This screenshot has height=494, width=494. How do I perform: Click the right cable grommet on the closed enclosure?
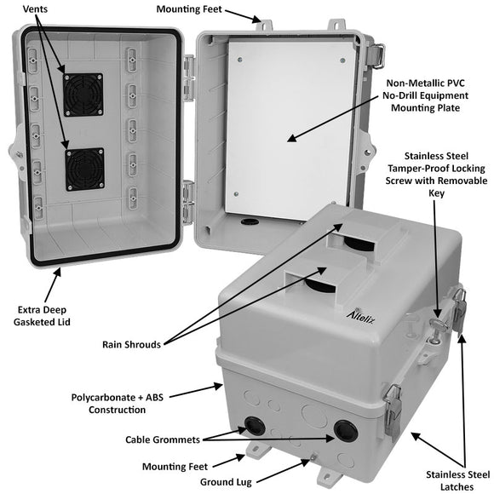click(x=345, y=430)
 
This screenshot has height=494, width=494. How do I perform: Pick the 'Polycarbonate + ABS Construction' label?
click(x=121, y=403)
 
